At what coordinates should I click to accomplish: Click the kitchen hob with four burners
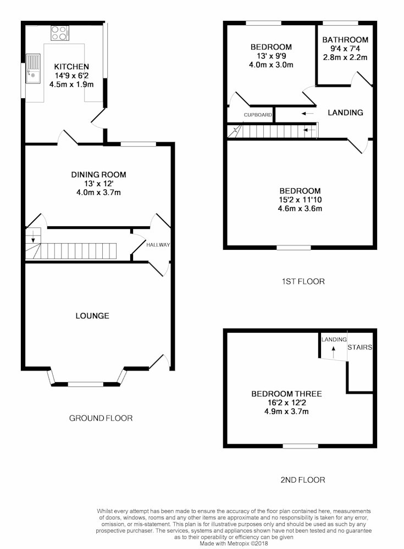(60, 33)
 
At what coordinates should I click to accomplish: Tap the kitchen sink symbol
(32, 68)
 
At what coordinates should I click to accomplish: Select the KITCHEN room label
(71, 66)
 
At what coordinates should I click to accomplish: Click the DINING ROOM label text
(98, 175)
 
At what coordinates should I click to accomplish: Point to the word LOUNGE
(92, 316)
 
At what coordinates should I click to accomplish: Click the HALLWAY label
(158, 245)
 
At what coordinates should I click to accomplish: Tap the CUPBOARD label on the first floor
(258, 115)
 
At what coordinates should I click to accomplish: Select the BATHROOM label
(345, 40)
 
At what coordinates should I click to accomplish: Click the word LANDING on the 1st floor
(345, 113)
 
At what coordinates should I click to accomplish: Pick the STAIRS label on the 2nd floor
(360, 348)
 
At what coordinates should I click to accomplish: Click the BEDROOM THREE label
(286, 394)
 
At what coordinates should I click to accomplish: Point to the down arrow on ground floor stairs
(33, 236)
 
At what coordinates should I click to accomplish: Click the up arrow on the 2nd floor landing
(333, 351)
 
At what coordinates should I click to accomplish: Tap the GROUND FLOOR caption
(101, 418)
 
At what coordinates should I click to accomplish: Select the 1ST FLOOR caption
(303, 282)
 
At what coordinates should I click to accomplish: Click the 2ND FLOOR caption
(303, 480)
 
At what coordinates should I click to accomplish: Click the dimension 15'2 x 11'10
(300, 200)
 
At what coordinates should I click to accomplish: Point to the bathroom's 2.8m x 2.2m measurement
(345, 58)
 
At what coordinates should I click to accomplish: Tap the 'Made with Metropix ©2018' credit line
(234, 544)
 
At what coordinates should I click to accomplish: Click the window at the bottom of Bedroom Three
(301, 446)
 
